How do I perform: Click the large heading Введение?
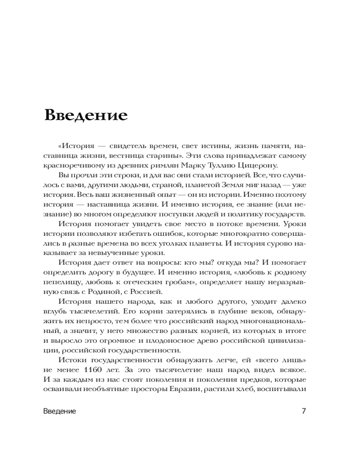point(85,115)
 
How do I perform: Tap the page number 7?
point(304,411)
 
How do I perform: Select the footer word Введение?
point(60,411)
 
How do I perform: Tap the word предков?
point(253,379)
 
